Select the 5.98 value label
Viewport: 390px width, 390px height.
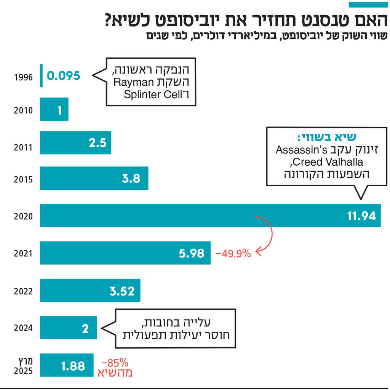click(192, 253)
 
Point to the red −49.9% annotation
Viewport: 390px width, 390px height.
click(233, 253)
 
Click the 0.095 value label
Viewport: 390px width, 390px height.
click(64, 75)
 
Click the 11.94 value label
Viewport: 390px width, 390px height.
click(361, 216)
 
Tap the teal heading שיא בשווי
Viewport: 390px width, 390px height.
click(326, 137)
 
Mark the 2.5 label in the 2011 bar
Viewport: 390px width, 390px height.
click(97, 143)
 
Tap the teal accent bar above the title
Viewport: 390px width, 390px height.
click(368, 5)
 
